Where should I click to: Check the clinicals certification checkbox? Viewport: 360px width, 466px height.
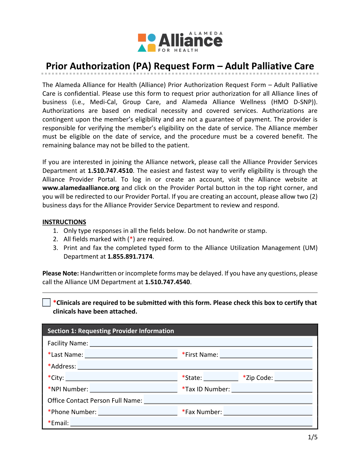point(46,302)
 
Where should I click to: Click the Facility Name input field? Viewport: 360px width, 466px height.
point(201,342)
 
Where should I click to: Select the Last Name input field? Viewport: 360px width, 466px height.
point(131,354)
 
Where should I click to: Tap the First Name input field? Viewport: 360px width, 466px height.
point(266,354)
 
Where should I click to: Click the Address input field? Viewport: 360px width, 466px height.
point(195,365)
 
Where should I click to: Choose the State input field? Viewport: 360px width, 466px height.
point(221,377)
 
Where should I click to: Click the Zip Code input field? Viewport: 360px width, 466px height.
point(293,377)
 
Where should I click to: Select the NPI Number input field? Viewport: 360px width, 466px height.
point(133,388)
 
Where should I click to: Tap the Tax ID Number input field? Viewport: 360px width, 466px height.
point(272,388)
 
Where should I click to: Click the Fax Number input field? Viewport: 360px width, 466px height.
point(268,411)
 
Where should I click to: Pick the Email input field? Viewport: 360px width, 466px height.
point(191,422)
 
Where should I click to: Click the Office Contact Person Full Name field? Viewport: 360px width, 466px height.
point(228,400)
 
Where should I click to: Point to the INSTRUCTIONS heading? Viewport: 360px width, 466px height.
point(64,222)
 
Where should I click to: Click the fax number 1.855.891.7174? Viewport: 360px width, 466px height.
point(130,257)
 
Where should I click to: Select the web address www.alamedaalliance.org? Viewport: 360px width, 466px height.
point(81,188)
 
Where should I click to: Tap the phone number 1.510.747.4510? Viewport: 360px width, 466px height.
point(110,171)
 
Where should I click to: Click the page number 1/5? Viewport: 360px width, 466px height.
point(313,437)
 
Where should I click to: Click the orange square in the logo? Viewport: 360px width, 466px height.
point(142,38)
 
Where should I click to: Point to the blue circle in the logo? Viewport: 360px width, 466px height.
point(152,38)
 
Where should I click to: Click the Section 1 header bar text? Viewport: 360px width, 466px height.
point(111,331)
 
